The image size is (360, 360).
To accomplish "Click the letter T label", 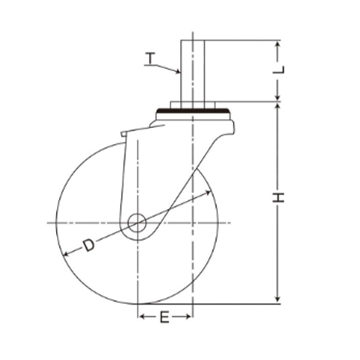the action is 150,58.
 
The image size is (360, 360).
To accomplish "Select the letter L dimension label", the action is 279,70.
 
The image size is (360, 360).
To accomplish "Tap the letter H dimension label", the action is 279,197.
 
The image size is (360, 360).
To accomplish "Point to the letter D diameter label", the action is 89,246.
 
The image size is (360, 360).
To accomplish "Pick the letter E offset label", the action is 165,317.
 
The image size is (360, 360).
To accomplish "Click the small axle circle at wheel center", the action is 137,222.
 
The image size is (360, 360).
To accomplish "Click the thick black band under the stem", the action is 192,111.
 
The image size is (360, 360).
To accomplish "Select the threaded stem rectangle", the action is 193,71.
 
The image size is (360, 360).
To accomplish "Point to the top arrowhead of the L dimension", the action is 278,45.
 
